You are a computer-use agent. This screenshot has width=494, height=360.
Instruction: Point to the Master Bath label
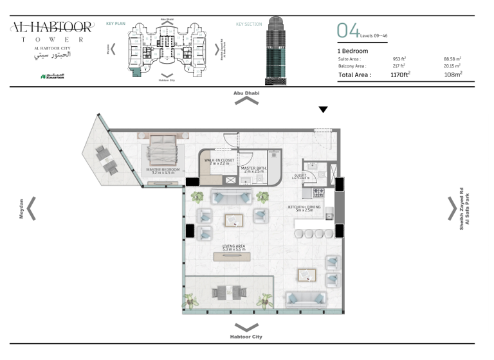(x=253, y=170)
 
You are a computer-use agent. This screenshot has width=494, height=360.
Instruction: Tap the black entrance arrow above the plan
(x=324, y=110)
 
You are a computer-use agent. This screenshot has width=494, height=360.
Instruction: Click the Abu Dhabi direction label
(x=246, y=93)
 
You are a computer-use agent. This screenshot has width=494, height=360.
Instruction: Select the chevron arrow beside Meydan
(x=31, y=208)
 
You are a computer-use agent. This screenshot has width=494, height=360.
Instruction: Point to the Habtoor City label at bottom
(x=246, y=337)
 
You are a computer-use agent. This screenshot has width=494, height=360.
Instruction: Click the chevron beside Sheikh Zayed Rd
(x=452, y=208)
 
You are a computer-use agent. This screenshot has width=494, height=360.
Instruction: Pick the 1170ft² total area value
(x=400, y=75)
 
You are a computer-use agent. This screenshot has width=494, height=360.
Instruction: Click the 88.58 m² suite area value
(x=452, y=59)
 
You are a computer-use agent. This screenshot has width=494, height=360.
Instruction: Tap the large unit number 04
(x=348, y=30)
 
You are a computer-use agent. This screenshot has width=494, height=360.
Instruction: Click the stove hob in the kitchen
(x=316, y=192)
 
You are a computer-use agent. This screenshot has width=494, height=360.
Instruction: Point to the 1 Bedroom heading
(x=352, y=50)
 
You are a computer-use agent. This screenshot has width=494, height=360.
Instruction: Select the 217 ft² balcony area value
(x=399, y=66)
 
